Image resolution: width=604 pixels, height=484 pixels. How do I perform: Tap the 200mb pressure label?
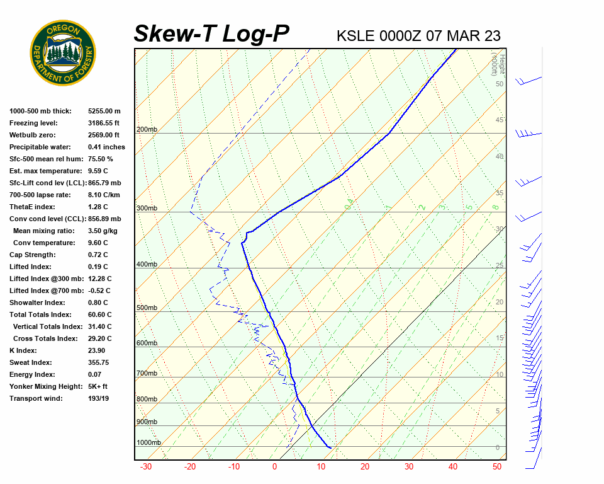click(x=147, y=130)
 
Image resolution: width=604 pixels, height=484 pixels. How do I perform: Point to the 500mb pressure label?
click(x=147, y=308)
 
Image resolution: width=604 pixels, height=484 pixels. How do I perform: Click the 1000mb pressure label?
click(x=148, y=443)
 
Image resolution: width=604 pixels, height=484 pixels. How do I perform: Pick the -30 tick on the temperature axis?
click(x=146, y=467)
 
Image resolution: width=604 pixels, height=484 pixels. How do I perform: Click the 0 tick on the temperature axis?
click(x=274, y=467)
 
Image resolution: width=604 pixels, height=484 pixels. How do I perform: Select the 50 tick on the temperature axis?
click(x=497, y=467)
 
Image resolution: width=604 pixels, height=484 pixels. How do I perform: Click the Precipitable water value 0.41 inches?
click(x=106, y=147)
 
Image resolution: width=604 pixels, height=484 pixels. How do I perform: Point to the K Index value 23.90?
click(x=96, y=350)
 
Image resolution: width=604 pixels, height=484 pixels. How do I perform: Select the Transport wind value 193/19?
click(x=99, y=398)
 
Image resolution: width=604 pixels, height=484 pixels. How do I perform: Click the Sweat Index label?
click(x=31, y=362)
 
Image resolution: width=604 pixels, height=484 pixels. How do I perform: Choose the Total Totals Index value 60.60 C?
click(x=100, y=314)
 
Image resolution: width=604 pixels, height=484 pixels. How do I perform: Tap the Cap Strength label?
click(x=33, y=255)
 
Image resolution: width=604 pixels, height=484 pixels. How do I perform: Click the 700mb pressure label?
click(x=147, y=374)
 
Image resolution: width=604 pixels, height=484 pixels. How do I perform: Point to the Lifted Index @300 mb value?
click(x=100, y=279)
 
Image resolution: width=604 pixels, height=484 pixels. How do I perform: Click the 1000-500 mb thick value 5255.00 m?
click(x=104, y=111)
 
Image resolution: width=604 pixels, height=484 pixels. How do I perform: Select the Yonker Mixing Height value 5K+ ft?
click(x=98, y=386)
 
